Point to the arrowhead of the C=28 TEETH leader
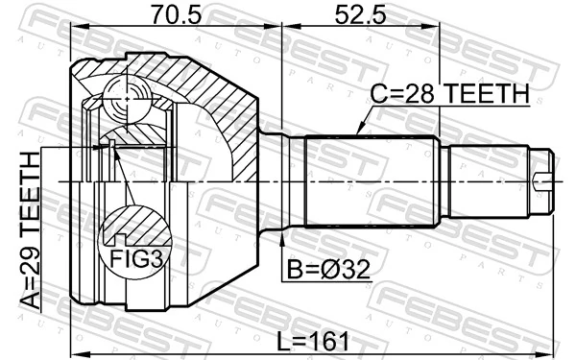(357, 133)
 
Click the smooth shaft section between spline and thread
(485, 180)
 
